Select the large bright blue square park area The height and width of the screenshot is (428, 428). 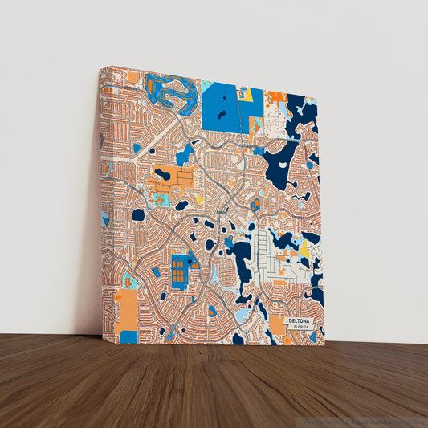coord(224,107)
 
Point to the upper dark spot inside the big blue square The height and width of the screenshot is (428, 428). coord(221,95)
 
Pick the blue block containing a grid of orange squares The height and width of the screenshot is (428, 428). coord(180,271)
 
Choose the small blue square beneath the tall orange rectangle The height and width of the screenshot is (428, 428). coord(128,336)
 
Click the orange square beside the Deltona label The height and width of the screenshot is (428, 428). coord(277,324)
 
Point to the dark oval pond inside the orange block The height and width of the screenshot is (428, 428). coord(162,173)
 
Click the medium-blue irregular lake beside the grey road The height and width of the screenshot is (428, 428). coord(185,153)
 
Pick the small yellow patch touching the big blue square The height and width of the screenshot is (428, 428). coord(247,94)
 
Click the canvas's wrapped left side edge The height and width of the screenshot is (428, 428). coord(101,201)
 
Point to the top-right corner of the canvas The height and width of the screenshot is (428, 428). coord(317,95)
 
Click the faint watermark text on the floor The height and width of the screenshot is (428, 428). coord(361,421)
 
